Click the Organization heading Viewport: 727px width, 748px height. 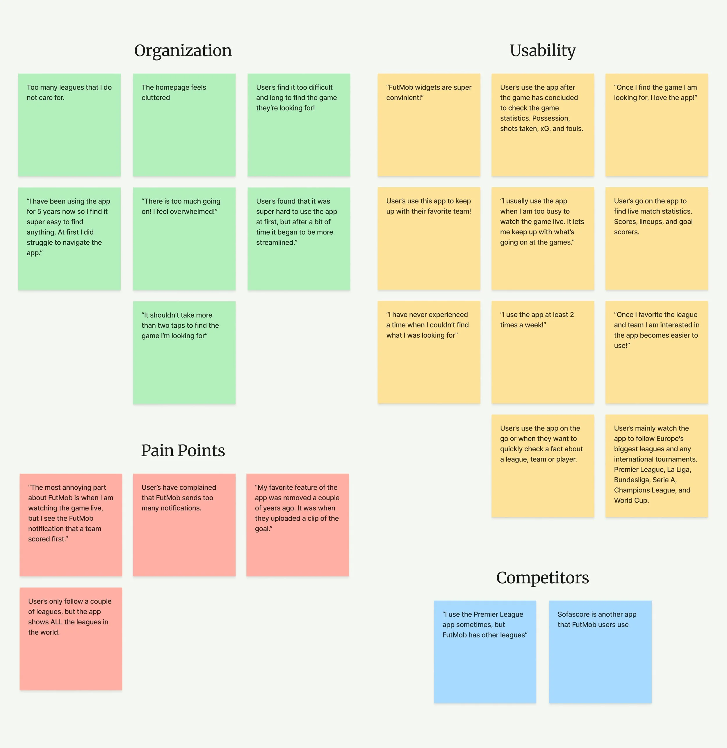tap(183, 51)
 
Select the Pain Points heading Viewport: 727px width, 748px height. tap(183, 450)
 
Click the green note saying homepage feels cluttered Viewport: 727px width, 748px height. tap(184, 125)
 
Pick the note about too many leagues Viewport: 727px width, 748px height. tap(69, 125)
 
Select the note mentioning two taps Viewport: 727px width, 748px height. tap(184, 352)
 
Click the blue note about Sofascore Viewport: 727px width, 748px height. tap(600, 652)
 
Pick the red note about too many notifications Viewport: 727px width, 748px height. tap(184, 525)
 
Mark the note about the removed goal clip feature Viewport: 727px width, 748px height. tap(297, 525)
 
